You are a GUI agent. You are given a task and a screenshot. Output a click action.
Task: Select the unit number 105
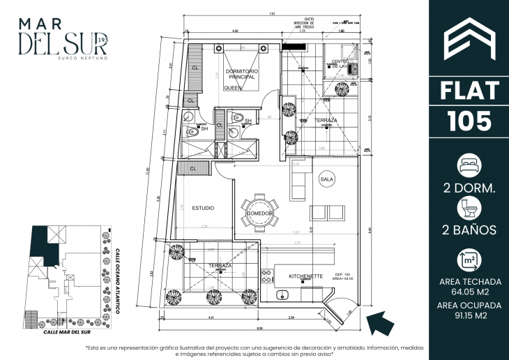(469, 121)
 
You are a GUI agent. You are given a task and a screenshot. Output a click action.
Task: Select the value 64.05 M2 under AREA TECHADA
(469, 292)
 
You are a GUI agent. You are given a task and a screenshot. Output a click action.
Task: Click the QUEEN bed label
(232, 89)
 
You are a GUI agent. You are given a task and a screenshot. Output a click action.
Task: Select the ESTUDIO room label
(202, 208)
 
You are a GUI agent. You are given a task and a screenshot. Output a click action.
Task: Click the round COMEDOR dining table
(259, 212)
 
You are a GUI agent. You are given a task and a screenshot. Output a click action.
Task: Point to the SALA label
(327, 179)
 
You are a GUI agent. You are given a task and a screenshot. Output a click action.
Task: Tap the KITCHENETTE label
(305, 276)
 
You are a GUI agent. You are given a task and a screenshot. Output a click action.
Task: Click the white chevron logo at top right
(469, 41)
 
